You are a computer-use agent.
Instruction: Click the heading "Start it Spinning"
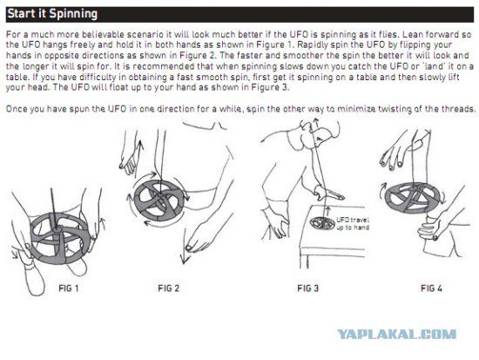click(x=52, y=14)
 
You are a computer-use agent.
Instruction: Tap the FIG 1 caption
click(x=69, y=289)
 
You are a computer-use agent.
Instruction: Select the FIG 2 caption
click(x=168, y=289)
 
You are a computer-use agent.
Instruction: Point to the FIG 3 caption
click(x=307, y=289)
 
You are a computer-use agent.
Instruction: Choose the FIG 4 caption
click(x=431, y=289)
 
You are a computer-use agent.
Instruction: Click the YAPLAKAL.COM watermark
click(x=397, y=334)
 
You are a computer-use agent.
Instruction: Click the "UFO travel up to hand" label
click(x=353, y=224)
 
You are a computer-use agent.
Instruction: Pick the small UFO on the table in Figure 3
click(x=322, y=223)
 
